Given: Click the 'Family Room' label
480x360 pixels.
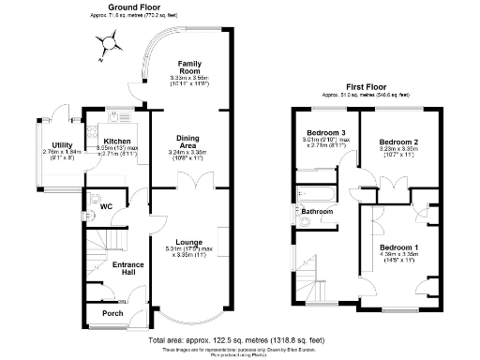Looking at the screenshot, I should pos(191,67).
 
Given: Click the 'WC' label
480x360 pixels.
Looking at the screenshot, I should pos(106,205).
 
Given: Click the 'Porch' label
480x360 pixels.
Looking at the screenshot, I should pos(112,313).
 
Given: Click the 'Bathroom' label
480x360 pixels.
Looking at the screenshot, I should pos(318,212).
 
